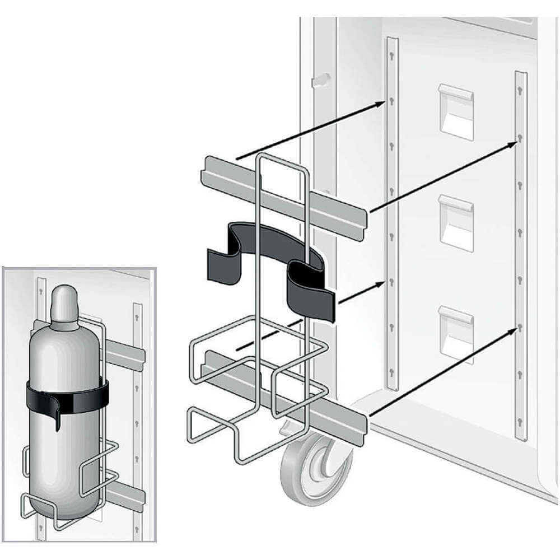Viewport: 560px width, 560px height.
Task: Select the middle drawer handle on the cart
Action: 456,221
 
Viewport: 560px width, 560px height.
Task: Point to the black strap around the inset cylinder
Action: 67,398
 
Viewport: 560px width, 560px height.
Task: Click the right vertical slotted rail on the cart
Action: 521,252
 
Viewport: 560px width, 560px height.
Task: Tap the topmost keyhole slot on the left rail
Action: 392,55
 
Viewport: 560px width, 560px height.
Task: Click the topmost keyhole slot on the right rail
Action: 520,90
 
